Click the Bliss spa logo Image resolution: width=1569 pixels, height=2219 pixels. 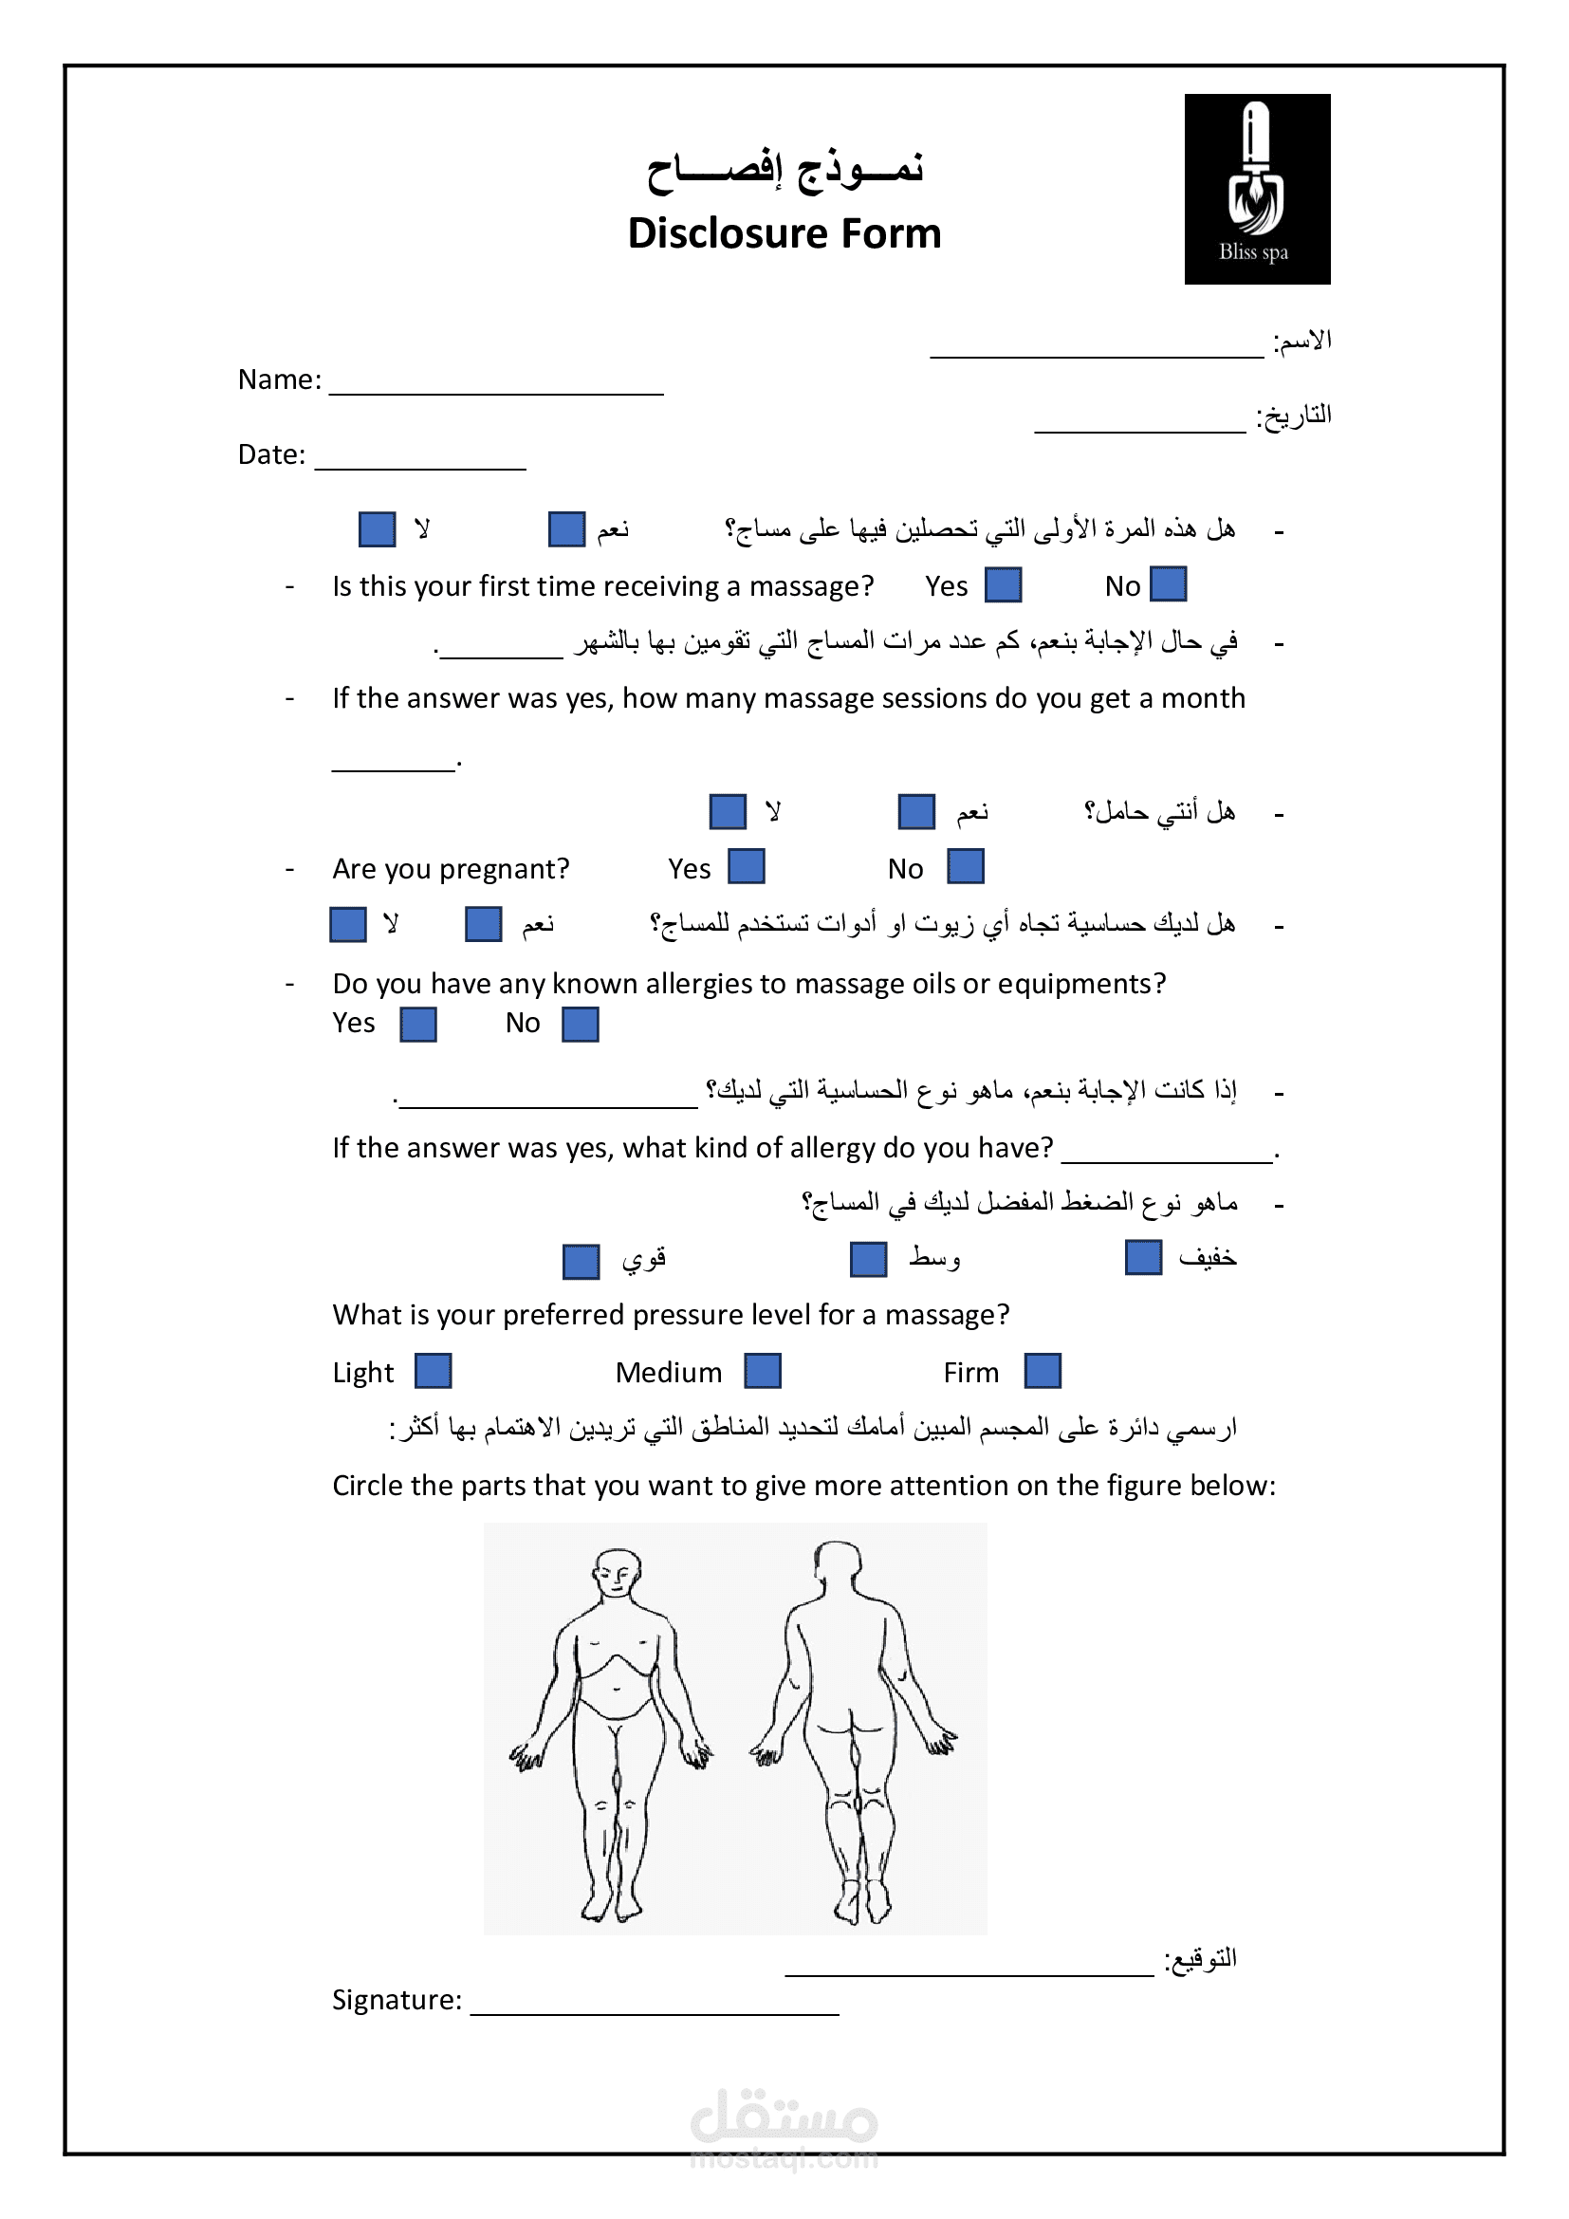tap(1256, 189)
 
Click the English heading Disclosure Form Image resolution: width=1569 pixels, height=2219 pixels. tap(784, 233)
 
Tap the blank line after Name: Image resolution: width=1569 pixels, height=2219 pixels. tap(495, 384)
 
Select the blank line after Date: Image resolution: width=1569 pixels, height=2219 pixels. tap(420, 460)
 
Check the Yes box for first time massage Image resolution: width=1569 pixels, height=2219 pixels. tap(1003, 584)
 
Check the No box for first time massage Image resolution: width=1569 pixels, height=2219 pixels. tap(1168, 584)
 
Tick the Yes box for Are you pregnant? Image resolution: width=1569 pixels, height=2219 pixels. tap(746, 866)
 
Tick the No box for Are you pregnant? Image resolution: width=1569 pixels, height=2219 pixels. tap(965, 866)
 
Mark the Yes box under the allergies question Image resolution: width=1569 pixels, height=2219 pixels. tap(418, 1025)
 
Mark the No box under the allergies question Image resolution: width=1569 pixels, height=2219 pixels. tap(580, 1025)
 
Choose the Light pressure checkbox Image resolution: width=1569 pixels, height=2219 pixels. tap(433, 1371)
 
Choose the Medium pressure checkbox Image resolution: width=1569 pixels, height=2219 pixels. tap(763, 1371)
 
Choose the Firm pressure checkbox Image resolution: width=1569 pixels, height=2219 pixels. tap(1043, 1371)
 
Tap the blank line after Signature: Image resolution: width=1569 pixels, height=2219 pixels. tap(655, 2003)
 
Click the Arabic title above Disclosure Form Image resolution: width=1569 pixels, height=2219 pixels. tap(784, 169)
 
